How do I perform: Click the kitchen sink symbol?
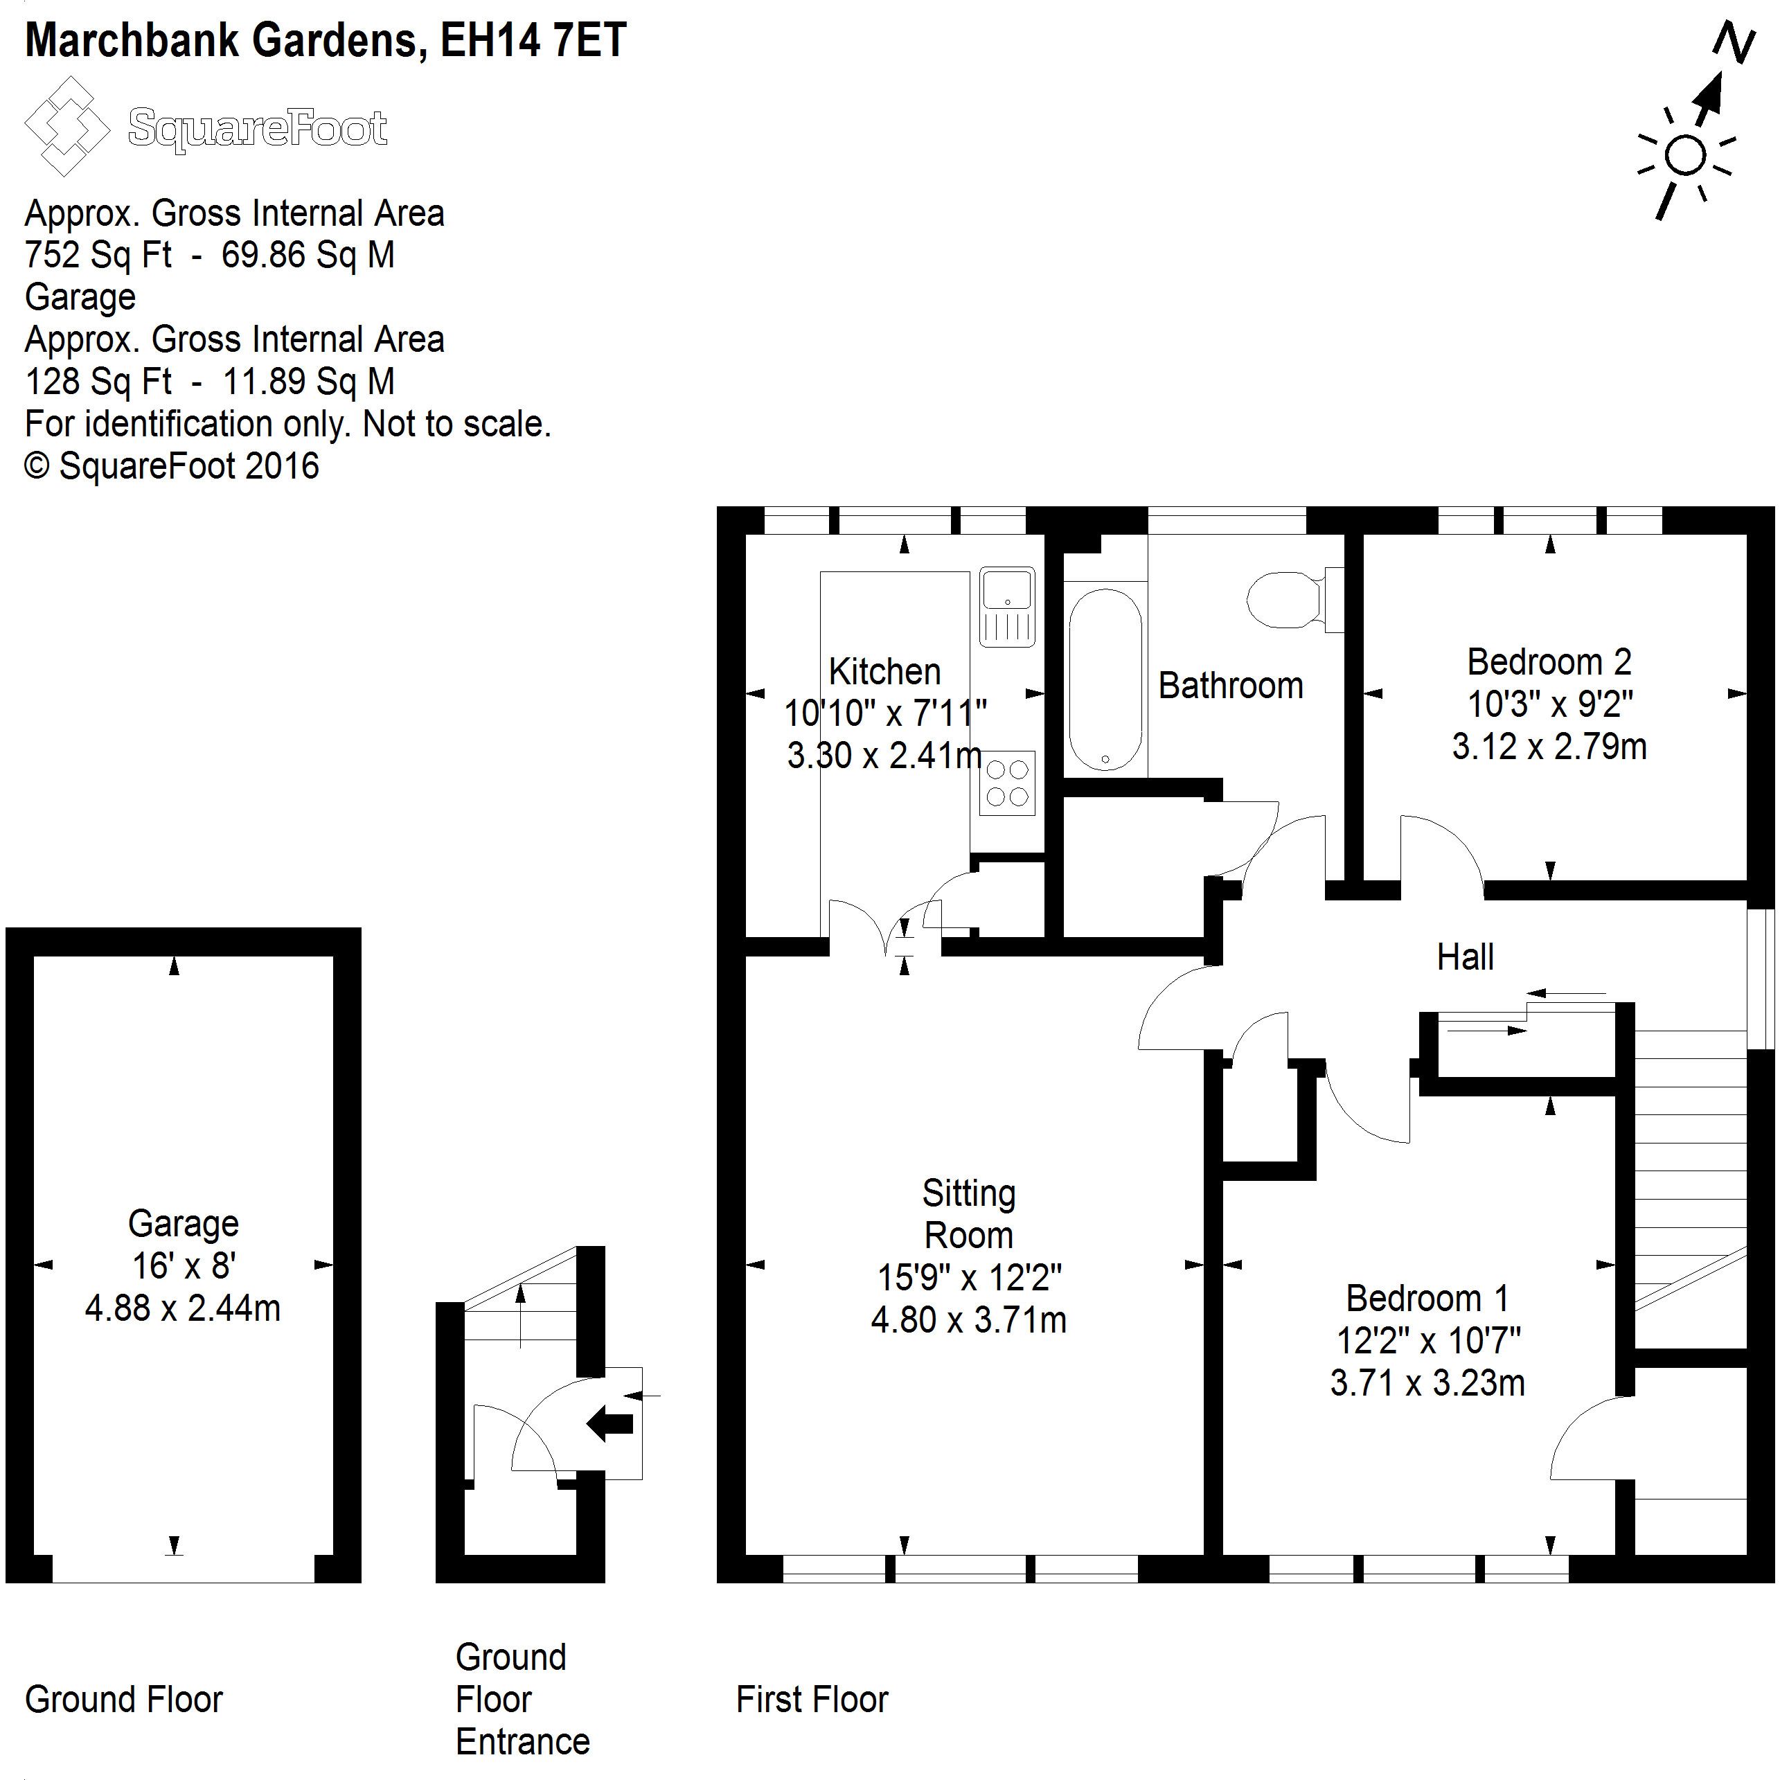[x=1007, y=605]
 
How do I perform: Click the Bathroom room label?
[x=1230, y=686]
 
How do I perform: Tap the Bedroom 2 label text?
[x=1549, y=662]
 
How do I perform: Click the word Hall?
[x=1465, y=957]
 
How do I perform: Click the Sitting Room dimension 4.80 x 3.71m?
[x=968, y=1320]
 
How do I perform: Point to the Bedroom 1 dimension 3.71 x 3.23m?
[x=1427, y=1383]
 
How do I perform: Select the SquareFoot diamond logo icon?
[x=67, y=126]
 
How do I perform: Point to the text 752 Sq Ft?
[x=98, y=255]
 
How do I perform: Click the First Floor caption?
[x=812, y=1700]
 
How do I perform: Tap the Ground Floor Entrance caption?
[x=522, y=1700]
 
